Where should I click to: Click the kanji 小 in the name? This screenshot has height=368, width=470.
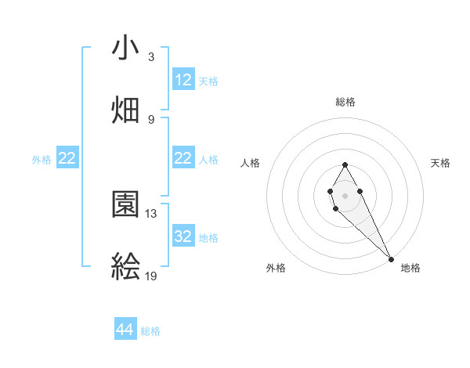(125, 49)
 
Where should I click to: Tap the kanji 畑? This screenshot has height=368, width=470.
(125, 110)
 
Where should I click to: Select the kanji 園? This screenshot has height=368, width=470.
(125, 205)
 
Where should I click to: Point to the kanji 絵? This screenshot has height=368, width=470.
(125, 267)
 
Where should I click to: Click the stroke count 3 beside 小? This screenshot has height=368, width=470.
(151, 57)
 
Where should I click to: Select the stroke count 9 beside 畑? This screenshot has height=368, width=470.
(151, 119)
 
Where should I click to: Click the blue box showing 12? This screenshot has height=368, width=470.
(183, 80)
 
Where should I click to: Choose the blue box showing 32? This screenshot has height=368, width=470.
(183, 236)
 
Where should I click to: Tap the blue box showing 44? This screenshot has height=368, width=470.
(125, 330)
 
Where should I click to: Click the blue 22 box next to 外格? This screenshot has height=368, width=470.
(67, 158)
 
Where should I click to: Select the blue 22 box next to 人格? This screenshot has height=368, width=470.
(183, 158)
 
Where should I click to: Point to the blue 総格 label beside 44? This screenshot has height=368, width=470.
(150, 331)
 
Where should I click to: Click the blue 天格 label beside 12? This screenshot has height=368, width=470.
(208, 81)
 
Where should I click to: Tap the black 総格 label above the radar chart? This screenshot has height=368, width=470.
(345, 102)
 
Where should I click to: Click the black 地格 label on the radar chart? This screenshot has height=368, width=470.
(410, 268)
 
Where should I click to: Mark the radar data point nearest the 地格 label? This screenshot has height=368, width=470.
(391, 258)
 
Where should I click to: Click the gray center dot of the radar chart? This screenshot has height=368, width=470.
(345, 194)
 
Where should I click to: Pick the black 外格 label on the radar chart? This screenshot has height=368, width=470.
(276, 268)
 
